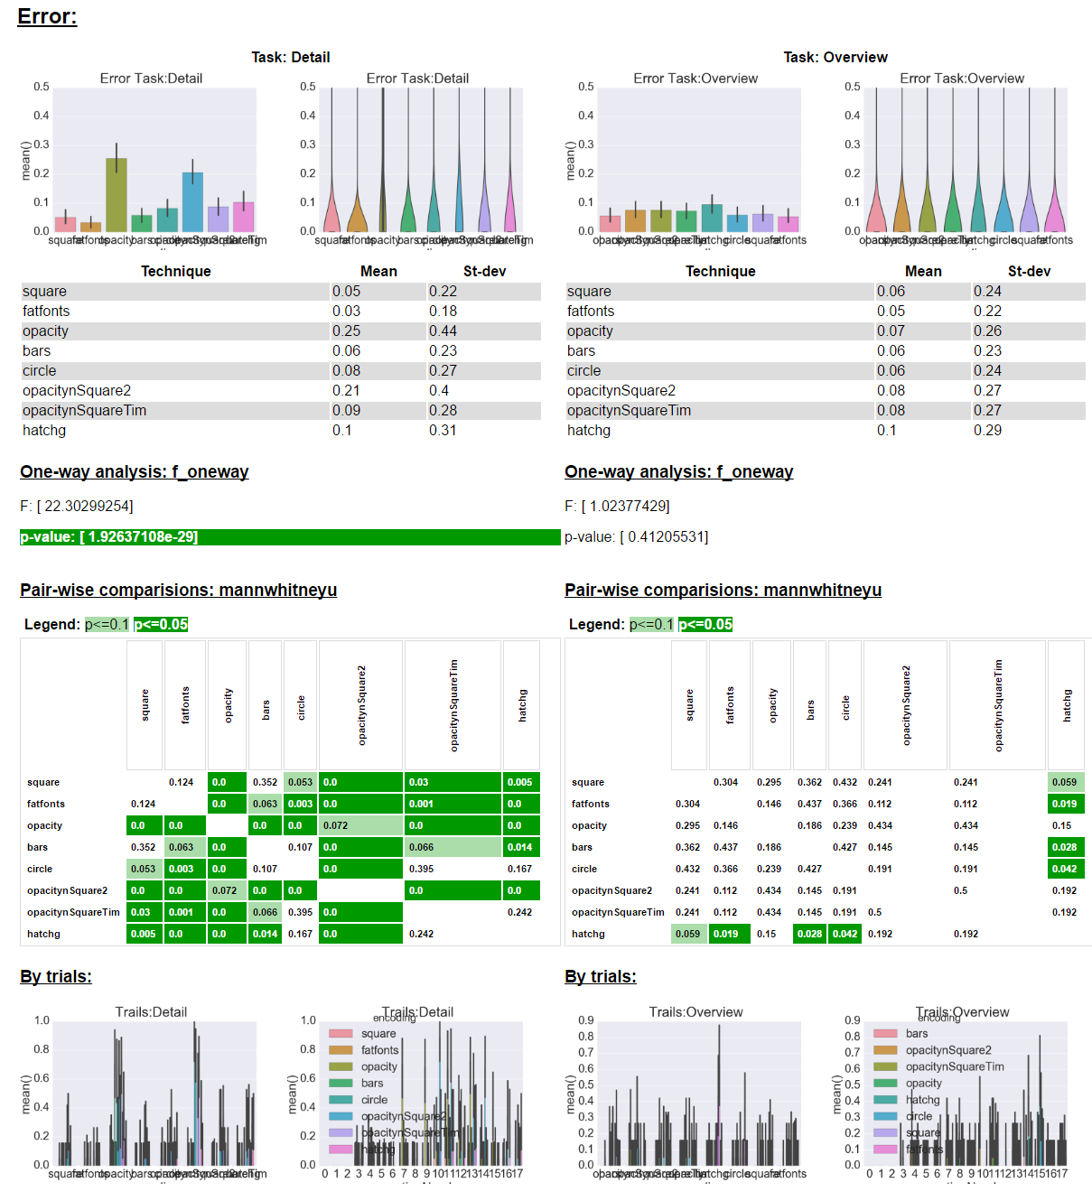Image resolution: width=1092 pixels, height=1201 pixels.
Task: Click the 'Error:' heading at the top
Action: click(x=47, y=16)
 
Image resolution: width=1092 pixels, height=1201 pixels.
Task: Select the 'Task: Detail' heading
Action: click(x=290, y=57)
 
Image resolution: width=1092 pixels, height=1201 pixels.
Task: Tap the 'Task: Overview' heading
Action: click(x=835, y=57)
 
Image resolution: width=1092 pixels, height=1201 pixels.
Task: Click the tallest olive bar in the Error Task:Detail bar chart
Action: click(x=116, y=195)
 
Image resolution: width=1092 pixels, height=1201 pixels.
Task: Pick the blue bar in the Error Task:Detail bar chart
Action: click(x=192, y=202)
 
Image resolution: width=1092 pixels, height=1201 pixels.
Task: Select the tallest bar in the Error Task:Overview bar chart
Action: click(x=712, y=218)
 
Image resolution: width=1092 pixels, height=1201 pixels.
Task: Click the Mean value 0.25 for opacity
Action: click(x=346, y=331)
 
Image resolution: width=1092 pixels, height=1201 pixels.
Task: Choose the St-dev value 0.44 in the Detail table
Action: click(x=443, y=331)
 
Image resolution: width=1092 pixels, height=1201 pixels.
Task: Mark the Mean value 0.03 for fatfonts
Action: click(x=346, y=312)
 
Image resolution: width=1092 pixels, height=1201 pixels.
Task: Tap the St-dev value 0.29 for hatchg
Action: click(x=987, y=431)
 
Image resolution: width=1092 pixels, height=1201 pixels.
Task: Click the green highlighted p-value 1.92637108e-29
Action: click(x=108, y=537)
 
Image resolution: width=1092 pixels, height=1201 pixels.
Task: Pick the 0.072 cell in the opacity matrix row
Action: click(x=360, y=825)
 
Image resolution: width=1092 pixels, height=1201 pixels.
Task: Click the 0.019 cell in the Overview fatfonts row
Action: click(x=1065, y=804)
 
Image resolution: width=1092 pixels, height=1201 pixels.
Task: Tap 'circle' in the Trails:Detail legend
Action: click(x=374, y=1100)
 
